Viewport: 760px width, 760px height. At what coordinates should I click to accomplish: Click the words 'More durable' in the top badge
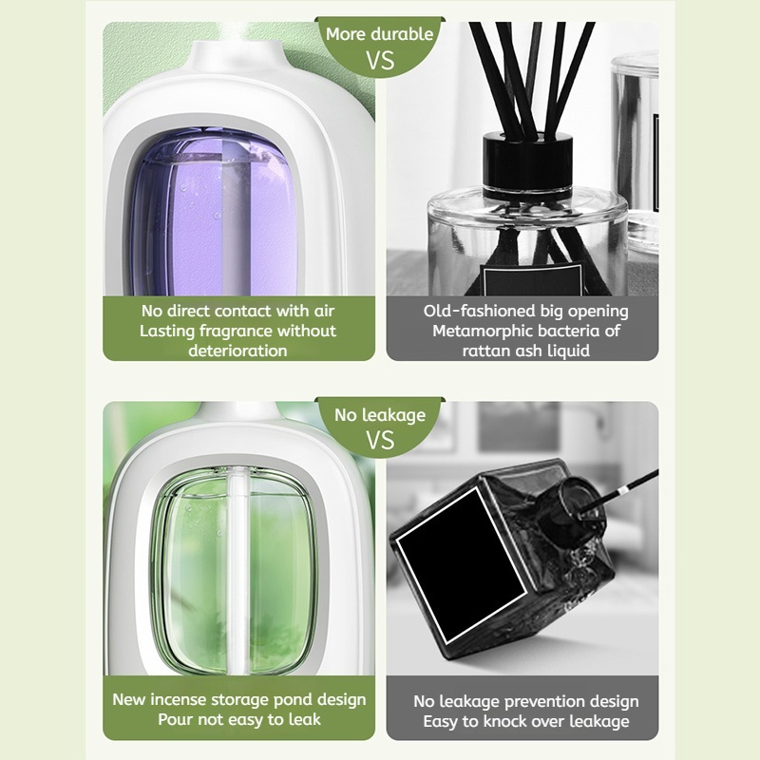[379, 34]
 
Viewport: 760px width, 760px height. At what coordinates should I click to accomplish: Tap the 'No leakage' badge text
[380, 415]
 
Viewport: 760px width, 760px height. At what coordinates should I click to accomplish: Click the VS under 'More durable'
[380, 61]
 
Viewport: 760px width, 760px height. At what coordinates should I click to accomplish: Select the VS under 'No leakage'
[380, 440]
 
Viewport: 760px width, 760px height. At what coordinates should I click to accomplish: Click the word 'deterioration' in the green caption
[238, 351]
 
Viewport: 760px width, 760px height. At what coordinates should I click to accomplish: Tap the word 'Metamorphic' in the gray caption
[481, 331]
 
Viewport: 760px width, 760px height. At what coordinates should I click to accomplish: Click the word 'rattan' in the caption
[485, 351]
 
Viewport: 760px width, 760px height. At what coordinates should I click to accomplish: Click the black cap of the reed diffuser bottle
[528, 165]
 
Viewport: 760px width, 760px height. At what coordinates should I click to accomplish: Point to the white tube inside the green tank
[238, 570]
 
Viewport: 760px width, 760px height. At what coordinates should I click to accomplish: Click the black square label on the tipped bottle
[461, 565]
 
